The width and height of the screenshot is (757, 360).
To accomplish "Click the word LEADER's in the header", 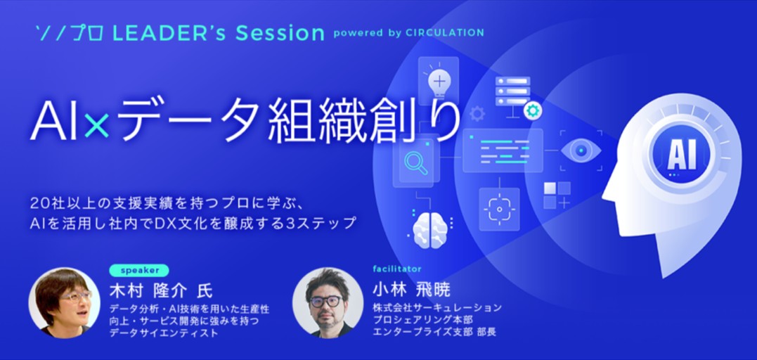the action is click(169, 33).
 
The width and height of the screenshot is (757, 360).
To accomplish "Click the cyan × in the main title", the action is click(96, 128).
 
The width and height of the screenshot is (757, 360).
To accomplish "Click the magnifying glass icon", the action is click(415, 163).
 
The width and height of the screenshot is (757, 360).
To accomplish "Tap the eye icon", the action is click(581, 150).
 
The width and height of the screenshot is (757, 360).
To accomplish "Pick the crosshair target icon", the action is click(499, 210).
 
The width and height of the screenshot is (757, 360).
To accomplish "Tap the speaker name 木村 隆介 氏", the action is click(161, 291).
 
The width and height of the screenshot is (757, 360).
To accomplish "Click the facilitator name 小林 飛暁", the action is click(411, 290).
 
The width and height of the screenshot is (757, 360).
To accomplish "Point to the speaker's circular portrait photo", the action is click(65, 303).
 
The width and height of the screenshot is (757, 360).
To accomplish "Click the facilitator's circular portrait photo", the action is click(328, 303).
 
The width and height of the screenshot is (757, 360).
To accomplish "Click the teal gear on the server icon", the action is click(533, 110).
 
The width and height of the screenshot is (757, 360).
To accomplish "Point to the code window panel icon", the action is click(503, 150).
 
